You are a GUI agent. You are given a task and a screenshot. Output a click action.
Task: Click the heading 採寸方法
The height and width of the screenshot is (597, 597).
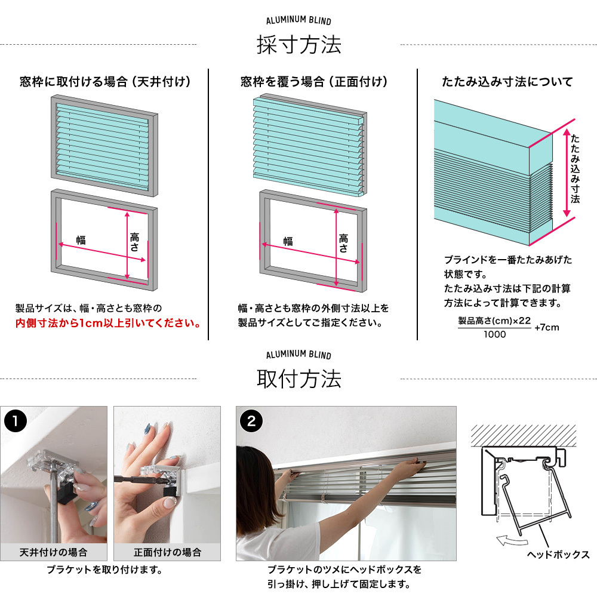click(298, 45)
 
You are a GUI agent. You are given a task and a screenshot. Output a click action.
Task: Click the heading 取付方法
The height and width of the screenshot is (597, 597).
click(298, 379)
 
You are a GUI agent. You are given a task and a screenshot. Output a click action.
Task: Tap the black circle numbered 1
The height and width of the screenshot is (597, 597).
click(16, 421)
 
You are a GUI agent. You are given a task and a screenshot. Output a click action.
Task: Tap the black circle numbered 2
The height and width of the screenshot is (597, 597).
click(251, 421)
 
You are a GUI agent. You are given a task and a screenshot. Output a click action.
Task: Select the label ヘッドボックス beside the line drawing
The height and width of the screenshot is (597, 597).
click(558, 554)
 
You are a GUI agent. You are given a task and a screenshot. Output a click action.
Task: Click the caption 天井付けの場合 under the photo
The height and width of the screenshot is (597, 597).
click(53, 552)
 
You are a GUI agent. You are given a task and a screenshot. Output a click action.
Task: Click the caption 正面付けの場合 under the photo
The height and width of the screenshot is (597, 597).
click(167, 552)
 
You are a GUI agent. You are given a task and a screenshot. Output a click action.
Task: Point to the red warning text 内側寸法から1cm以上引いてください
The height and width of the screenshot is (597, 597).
click(107, 323)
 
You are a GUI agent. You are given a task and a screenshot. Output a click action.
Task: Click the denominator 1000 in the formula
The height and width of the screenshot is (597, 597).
click(494, 334)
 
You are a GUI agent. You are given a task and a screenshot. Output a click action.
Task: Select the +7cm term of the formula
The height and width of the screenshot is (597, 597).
click(547, 327)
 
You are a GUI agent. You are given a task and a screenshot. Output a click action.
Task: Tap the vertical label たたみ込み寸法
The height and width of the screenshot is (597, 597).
click(575, 168)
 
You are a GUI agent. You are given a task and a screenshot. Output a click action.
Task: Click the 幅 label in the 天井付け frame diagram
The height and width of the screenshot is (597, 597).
click(81, 240)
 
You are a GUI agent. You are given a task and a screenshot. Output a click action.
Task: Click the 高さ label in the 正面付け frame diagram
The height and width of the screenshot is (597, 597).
click(343, 244)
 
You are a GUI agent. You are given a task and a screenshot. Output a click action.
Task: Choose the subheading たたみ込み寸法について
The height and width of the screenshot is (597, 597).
click(507, 81)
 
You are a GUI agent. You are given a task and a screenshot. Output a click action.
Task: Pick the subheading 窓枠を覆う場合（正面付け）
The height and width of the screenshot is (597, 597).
click(314, 81)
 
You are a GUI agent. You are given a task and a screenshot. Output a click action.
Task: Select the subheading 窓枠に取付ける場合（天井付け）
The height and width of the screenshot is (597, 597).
click(105, 81)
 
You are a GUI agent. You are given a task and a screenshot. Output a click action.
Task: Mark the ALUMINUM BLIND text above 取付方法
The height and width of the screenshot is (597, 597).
click(298, 355)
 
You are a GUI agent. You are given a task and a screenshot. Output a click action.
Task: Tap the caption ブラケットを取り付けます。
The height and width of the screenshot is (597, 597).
click(104, 570)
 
